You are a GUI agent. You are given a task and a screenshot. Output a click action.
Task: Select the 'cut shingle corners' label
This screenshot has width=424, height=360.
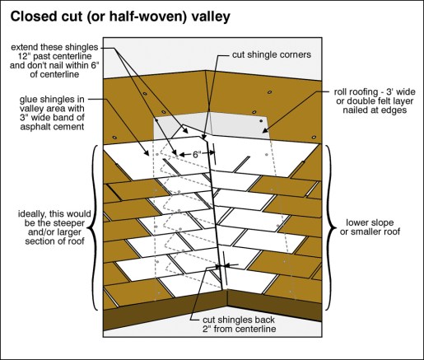tap(272, 54)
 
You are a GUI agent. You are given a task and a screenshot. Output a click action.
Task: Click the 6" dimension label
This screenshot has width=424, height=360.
tap(195, 154)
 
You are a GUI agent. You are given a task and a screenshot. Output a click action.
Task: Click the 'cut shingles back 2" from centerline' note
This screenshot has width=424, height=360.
tap(239, 325)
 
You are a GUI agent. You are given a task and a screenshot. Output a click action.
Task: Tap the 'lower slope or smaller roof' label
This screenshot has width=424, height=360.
tap(370, 227)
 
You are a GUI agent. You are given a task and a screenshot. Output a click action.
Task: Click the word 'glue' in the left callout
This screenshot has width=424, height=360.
tap(28, 100)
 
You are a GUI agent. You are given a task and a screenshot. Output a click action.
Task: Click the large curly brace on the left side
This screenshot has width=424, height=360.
tap(94, 227)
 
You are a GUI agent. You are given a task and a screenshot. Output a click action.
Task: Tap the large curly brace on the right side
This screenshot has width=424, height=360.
tap(330, 227)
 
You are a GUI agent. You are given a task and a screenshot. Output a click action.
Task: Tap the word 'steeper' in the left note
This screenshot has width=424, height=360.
tap(69, 223)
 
